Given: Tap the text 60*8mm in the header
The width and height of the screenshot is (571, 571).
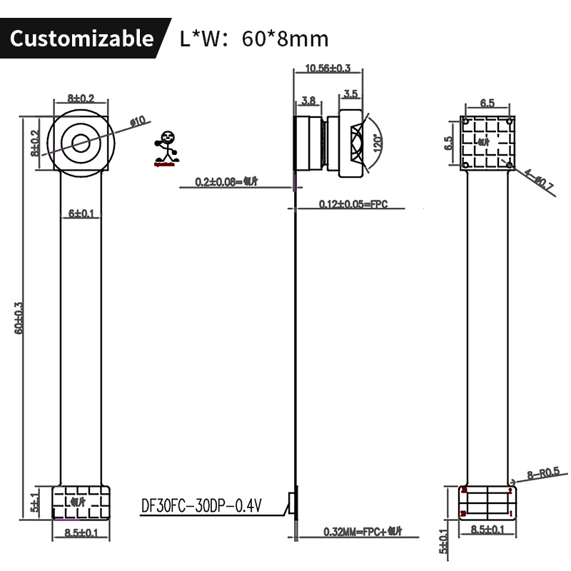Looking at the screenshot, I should pos(285,39).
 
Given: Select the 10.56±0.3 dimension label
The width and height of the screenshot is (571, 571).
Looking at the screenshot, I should pos(328,69).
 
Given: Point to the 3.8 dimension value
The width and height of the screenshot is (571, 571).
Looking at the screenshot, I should pos(309,101).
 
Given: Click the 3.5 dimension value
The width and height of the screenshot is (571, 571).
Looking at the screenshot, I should pos(350,94).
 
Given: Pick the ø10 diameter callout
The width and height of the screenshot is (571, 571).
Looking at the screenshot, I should pos(137,121).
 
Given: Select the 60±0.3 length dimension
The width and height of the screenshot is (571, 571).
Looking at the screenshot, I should pos(19,318).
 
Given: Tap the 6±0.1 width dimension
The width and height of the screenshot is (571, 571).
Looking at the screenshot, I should pos(81,213).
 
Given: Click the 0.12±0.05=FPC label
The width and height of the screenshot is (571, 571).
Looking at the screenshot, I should pos(353,205).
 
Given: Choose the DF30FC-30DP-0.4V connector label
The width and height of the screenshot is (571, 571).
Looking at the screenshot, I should pos(201,506).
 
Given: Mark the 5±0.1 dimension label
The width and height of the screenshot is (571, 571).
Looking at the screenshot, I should pos(443,540).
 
